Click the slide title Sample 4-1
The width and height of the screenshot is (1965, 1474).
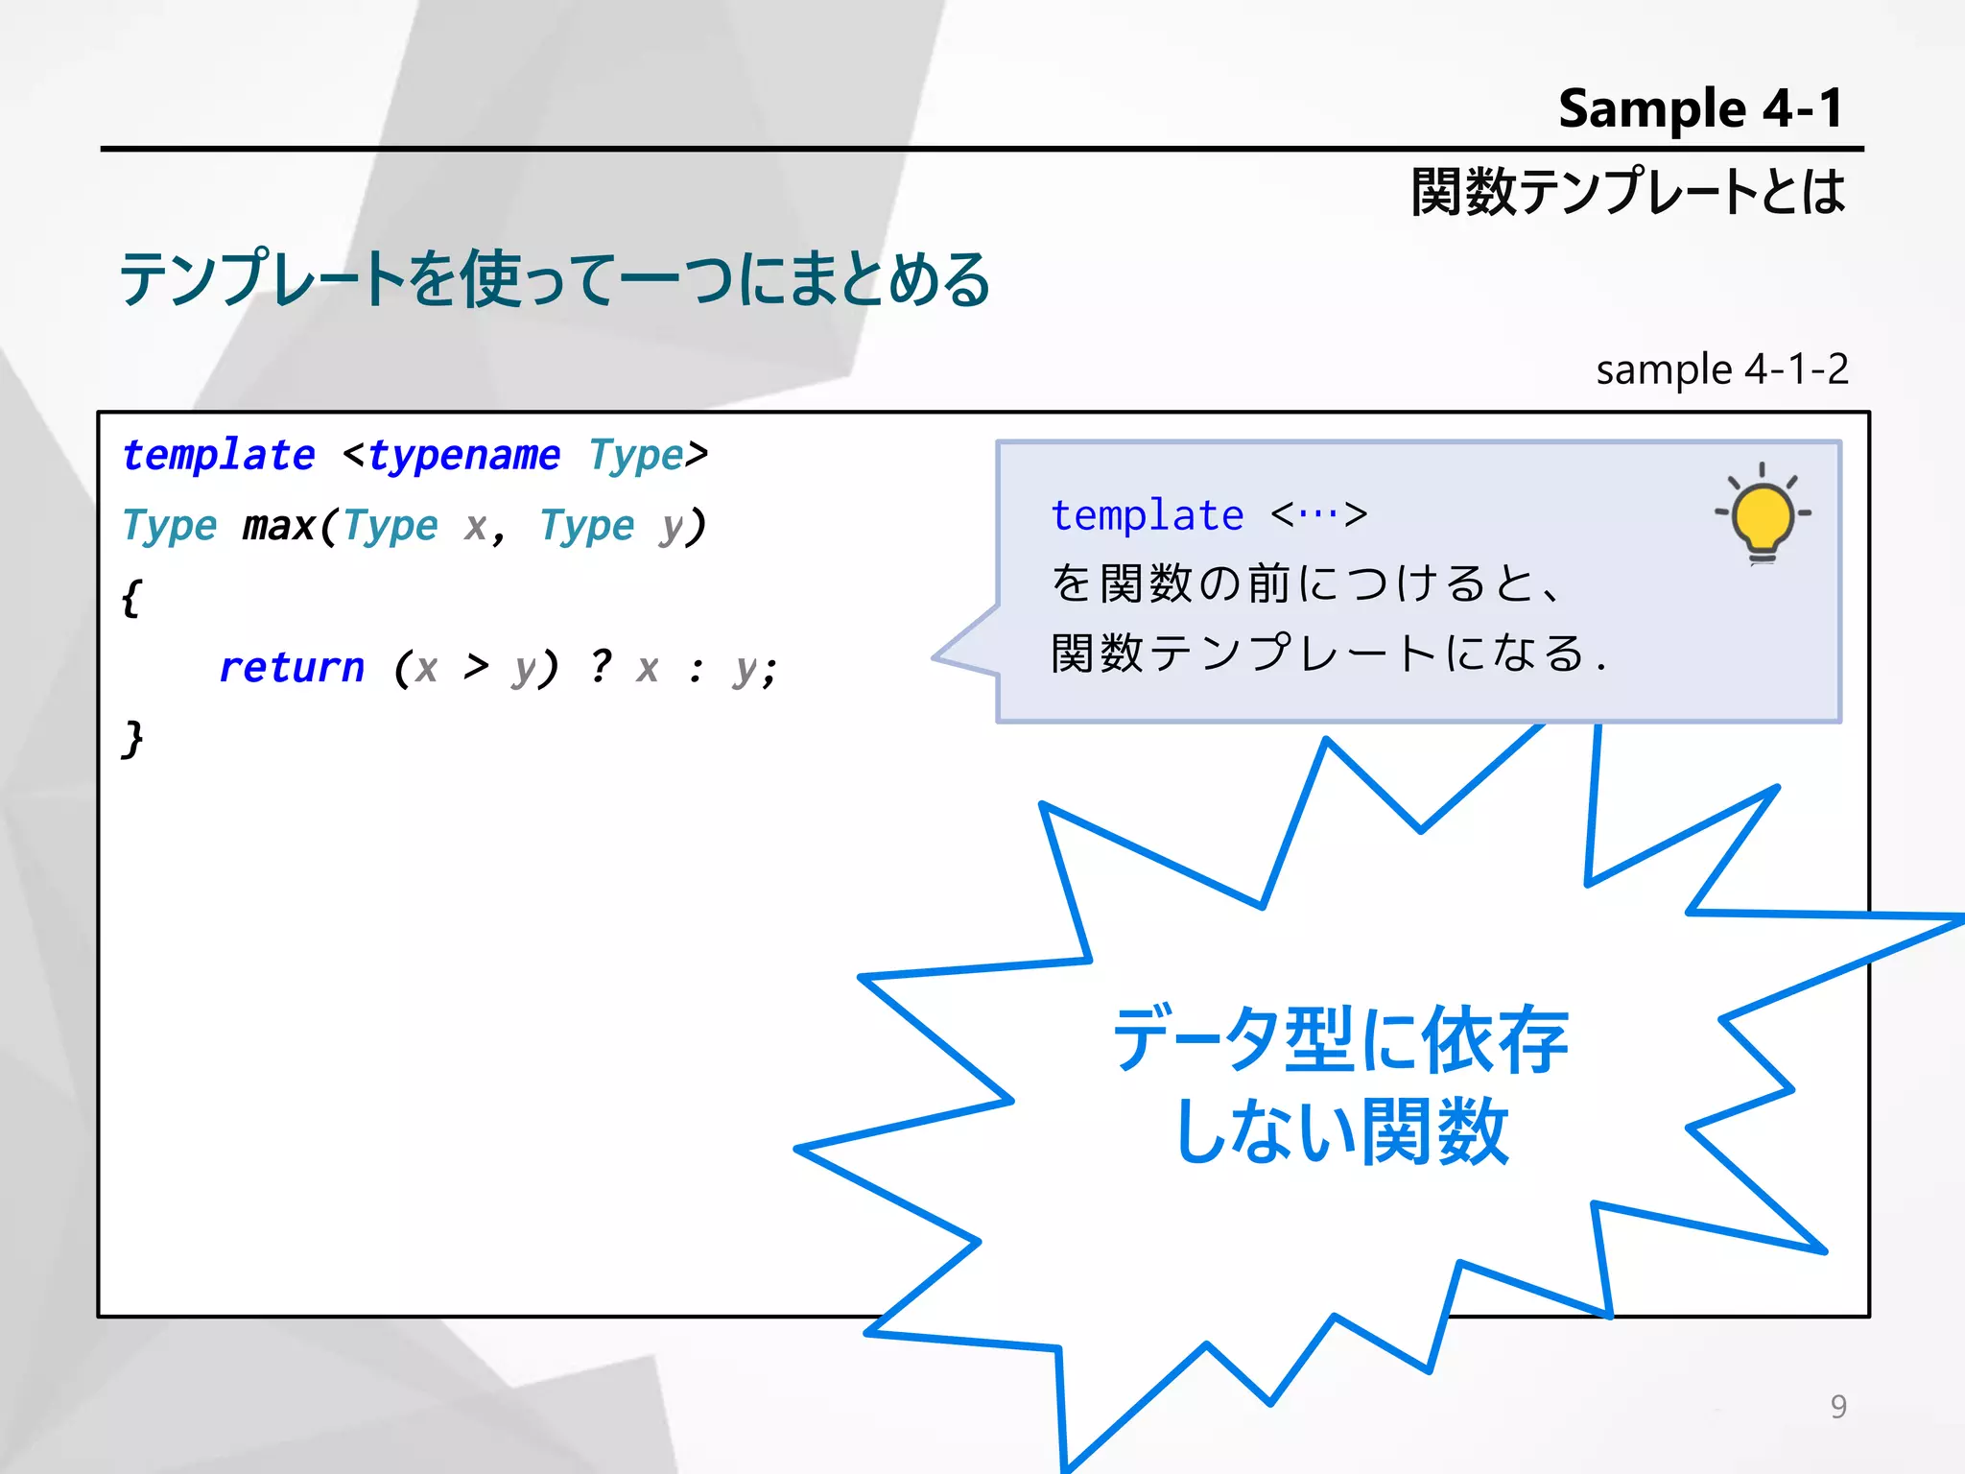point(1700,107)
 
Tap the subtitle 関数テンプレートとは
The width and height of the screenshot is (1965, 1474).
point(1627,191)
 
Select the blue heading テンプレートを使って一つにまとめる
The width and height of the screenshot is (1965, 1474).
point(555,279)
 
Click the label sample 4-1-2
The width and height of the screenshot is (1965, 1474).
point(1721,369)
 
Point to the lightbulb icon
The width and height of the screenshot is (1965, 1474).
point(1763,515)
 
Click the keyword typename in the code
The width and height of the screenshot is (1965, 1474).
point(464,455)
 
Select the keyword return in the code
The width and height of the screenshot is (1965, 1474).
point(292,668)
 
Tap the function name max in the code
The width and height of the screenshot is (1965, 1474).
point(278,526)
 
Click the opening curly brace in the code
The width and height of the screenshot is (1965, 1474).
point(131,599)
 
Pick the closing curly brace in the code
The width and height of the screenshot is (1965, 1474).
point(132,740)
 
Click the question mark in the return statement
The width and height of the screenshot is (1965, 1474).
point(601,666)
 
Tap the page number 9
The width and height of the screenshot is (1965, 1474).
point(1837,1406)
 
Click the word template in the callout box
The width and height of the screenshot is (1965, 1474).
point(1148,516)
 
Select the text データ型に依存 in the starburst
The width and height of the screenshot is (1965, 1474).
point(1340,1039)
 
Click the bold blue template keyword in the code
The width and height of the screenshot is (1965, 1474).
point(219,455)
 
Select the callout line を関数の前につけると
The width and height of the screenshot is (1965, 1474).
point(1305,583)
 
